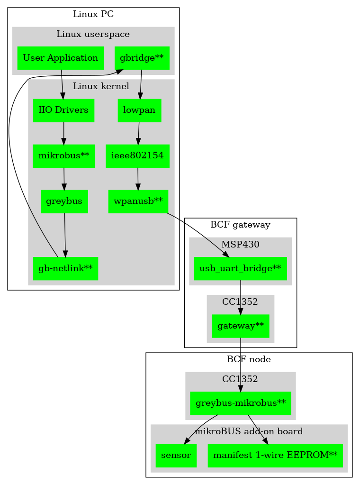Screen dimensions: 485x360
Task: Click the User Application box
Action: point(60,58)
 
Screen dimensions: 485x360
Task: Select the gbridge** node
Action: point(142,58)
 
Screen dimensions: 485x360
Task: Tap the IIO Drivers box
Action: point(63,110)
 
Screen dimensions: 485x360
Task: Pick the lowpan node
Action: point(139,110)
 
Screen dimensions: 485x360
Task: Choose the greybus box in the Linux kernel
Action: point(64,201)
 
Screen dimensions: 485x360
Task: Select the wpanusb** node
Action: point(138,201)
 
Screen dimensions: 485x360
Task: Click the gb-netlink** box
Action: point(65,269)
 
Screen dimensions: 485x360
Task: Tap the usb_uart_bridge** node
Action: point(240,269)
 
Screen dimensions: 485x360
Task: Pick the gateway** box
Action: point(240,326)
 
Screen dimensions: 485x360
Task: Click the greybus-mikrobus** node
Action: point(240,403)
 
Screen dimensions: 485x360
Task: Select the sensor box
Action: point(176,455)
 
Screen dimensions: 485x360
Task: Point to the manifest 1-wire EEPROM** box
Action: point(275,455)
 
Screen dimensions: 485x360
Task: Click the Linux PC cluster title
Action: point(93,14)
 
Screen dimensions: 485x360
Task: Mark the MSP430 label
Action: point(240,244)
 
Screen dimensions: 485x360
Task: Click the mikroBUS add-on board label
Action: point(249,431)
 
